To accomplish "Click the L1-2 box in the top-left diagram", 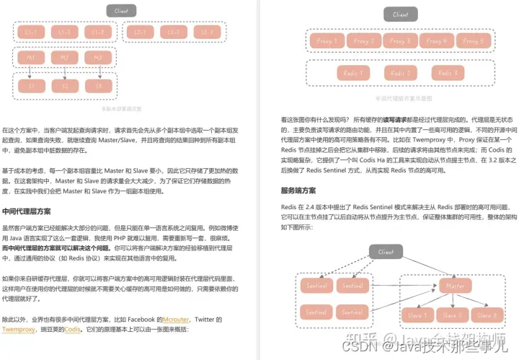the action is click(x=64, y=32).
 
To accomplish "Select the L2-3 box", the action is click(x=206, y=32).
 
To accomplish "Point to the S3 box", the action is click(x=97, y=86).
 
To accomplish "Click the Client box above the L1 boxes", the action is click(x=120, y=11).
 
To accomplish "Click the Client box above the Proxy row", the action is click(x=400, y=14).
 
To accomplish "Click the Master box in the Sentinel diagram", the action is click(x=456, y=286).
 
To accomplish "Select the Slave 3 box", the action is click(x=488, y=315).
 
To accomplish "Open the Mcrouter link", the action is click(x=175, y=319).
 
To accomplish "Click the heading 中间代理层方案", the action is click(x=26, y=211).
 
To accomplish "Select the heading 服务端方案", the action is click(x=298, y=190).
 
